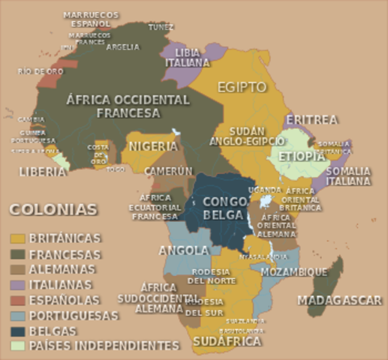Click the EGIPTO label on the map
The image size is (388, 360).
[242, 87]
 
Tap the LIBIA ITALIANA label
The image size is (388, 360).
[192, 58]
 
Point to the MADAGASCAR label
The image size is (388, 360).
[339, 300]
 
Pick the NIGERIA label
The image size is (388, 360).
[153, 145]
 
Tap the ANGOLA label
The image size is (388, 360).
[183, 250]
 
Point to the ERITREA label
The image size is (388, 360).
[311, 119]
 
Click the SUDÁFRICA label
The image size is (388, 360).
[227, 342]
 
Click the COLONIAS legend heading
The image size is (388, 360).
[53, 209]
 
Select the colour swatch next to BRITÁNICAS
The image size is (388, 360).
[17, 238]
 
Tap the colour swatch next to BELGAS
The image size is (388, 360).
[17, 331]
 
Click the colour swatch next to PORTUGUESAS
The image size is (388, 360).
[17, 315]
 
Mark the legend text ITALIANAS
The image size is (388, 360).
[61, 284]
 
